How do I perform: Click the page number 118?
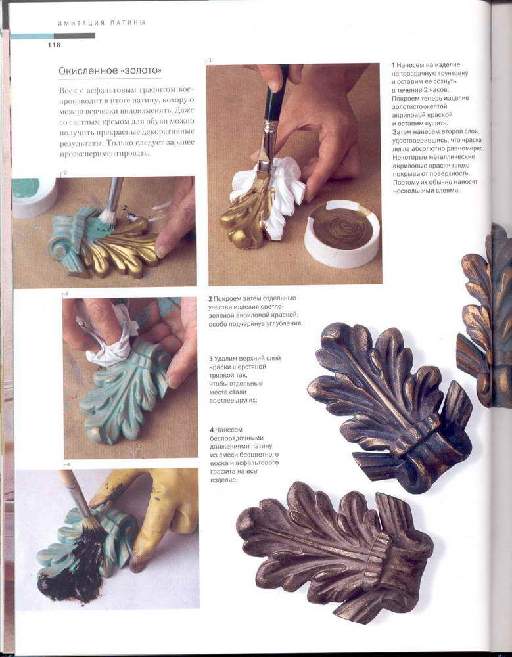(54, 45)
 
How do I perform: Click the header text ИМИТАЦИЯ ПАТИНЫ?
(101, 23)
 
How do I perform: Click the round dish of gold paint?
(342, 233)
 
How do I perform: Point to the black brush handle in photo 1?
(275, 93)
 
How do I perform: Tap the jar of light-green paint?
(34, 196)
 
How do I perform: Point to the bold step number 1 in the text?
(393, 65)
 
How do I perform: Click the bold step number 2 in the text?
(210, 298)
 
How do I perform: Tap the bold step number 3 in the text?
(211, 359)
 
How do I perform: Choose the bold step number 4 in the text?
(212, 430)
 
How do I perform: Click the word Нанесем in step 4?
(229, 430)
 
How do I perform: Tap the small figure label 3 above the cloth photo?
(66, 293)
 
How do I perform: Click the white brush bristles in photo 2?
(108, 219)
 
